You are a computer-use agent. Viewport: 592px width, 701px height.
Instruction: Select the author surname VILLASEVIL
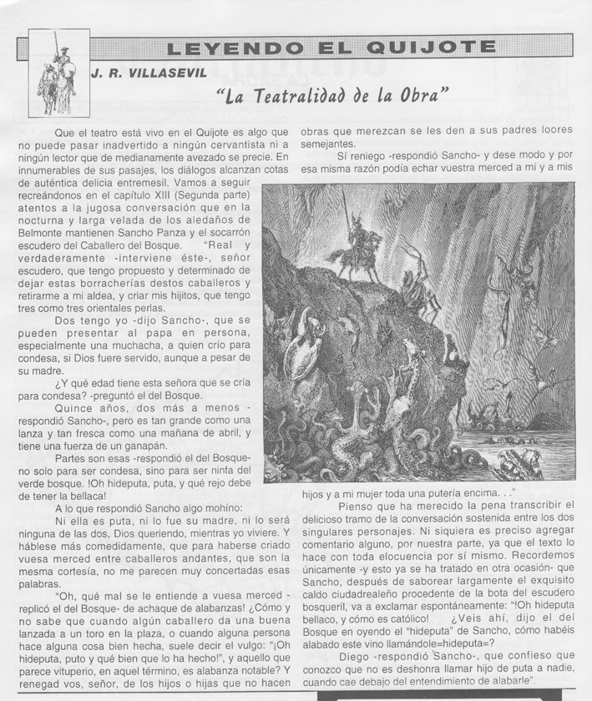pos(167,73)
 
